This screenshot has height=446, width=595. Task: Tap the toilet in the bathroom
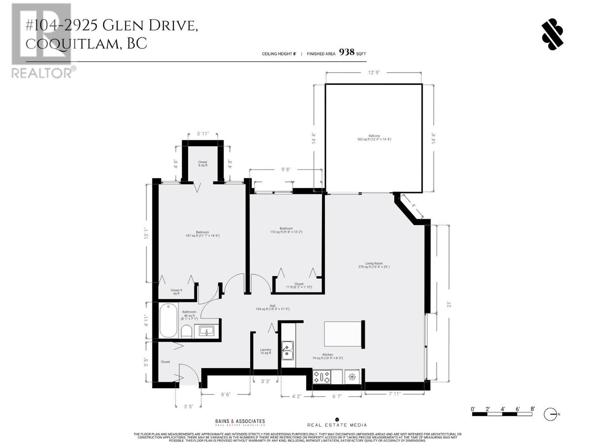coord(186,331)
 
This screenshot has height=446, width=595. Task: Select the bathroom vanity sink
coord(206,330)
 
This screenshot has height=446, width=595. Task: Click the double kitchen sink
coord(287,351)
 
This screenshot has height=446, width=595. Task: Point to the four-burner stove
coord(321,377)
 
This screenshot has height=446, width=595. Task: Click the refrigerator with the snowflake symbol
coord(352,377)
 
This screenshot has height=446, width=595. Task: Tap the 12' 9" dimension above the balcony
coord(374,72)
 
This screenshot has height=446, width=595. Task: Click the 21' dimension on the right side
coord(449,304)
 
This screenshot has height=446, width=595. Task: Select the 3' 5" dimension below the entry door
coord(189,406)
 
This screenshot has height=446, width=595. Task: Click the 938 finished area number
coord(347,52)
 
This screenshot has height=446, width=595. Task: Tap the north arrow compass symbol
coord(550,414)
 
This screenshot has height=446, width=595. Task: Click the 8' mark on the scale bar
coord(533,409)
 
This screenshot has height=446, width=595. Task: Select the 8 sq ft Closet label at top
coord(203,164)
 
